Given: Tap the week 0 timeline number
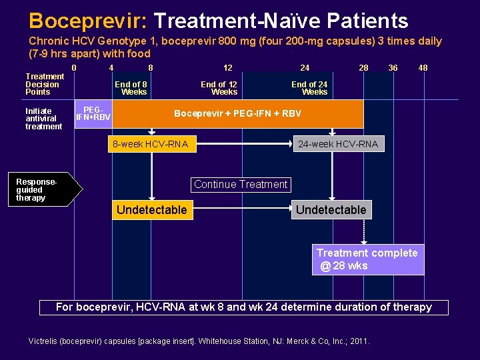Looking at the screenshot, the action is [x=74, y=67].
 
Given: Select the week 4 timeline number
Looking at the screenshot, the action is [x=111, y=67].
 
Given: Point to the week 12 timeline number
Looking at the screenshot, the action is [x=228, y=67].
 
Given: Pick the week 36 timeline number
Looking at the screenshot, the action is [x=393, y=67].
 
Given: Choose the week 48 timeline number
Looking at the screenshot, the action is [x=423, y=67].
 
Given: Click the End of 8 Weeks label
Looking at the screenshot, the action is [x=131, y=88].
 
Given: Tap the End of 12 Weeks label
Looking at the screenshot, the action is [x=219, y=88].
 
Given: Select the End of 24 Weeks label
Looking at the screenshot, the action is [x=309, y=88].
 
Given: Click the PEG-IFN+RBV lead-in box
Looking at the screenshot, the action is [x=93, y=113].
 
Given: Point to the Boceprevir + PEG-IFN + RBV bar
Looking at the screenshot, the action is [x=238, y=113].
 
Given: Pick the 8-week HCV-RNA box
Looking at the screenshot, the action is [x=151, y=144].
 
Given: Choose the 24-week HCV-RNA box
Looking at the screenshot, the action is [x=338, y=144].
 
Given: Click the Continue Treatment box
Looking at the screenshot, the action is [x=241, y=185].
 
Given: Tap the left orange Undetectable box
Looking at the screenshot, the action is [x=152, y=210].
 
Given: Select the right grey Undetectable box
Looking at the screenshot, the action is [x=331, y=210].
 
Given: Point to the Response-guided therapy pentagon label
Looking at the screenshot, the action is [x=45, y=190].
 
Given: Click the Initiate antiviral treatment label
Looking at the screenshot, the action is [x=43, y=119].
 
